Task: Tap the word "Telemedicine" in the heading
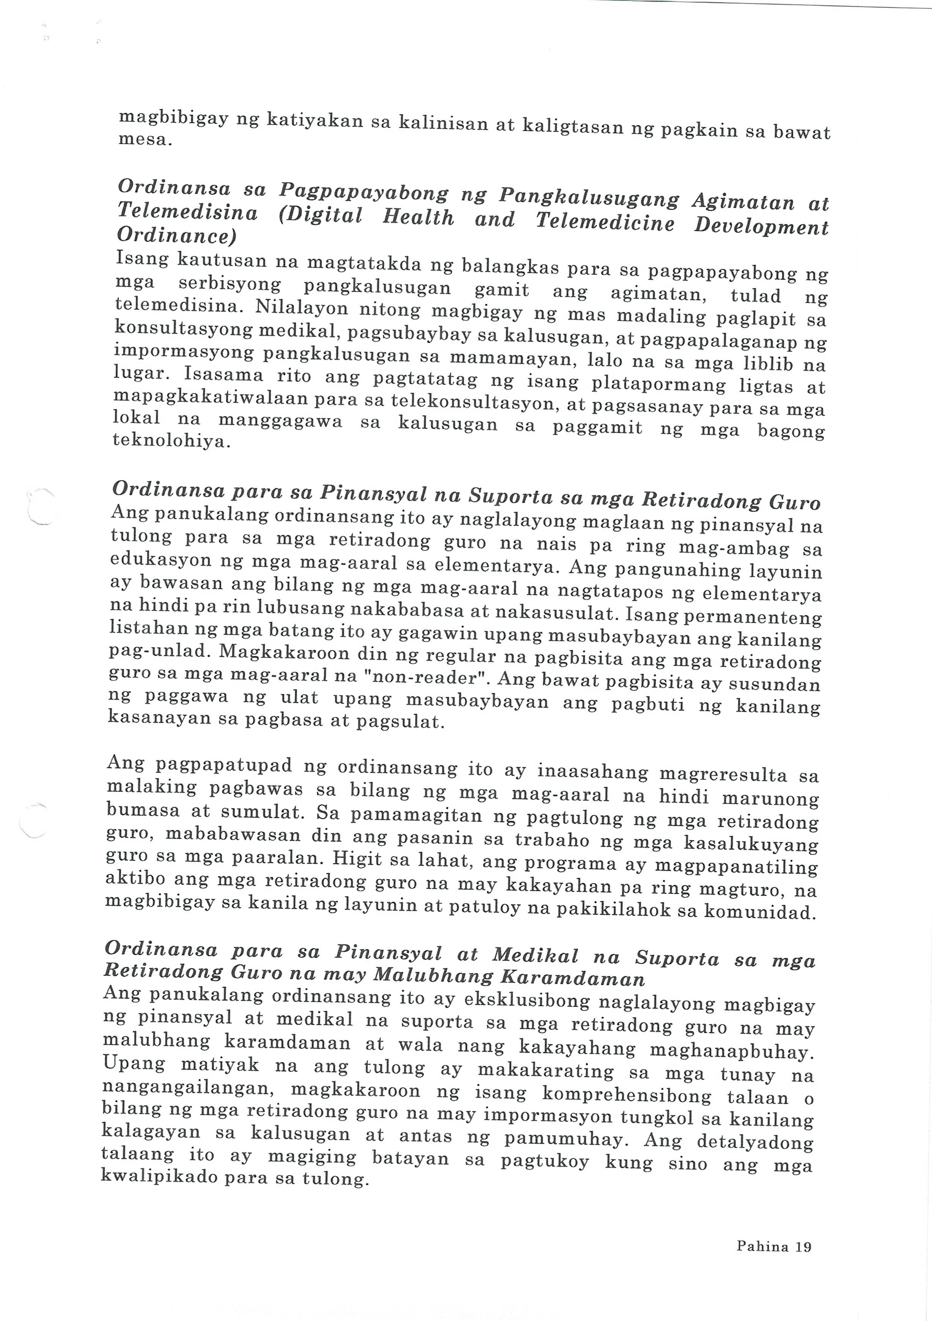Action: point(604,222)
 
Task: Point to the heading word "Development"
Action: point(761,226)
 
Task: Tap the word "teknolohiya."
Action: point(171,441)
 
